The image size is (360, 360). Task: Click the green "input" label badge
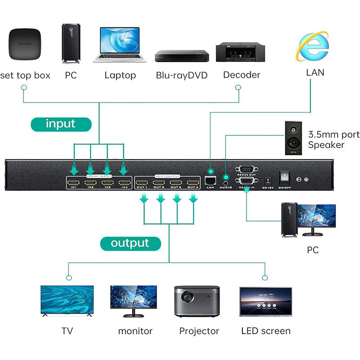pos(60,124)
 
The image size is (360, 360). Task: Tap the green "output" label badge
pos(130,243)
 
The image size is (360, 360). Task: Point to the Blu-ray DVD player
pos(182,55)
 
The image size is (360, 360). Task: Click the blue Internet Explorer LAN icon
pos(312,46)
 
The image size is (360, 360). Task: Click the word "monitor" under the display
pos(135,331)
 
